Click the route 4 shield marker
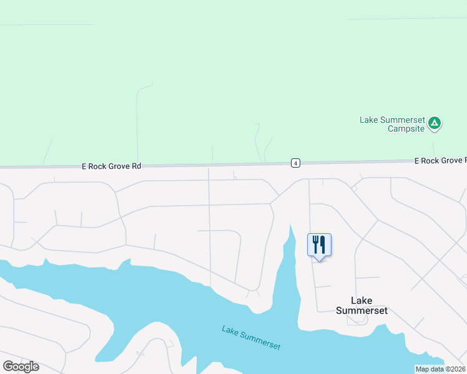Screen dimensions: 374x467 pos(295,163)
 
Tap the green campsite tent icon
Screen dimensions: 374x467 pos(435,123)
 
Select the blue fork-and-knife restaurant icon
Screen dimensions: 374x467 pos(319,244)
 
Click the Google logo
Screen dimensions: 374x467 pos(21,367)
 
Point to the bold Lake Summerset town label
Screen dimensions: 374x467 pos(361,305)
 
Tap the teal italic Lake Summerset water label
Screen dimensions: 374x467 pos(251,337)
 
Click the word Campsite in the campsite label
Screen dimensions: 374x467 pos(406,128)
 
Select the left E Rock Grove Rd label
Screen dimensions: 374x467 pos(112,166)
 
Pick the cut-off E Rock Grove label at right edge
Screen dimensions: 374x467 pos(440,161)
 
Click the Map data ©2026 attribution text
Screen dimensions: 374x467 pos(441,369)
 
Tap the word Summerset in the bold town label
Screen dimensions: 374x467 pos(361,310)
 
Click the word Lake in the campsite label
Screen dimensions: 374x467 pos(368,120)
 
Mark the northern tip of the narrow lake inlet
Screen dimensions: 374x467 pos(290,226)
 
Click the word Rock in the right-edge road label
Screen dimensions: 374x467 pos(430,161)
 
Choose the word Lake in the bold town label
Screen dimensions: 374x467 pos(361,300)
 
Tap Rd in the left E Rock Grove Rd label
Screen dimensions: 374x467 pos(137,166)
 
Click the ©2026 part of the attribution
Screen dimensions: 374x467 pos(454,369)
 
